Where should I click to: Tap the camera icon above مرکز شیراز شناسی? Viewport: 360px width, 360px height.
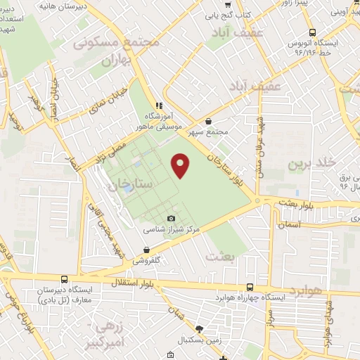point(172,219)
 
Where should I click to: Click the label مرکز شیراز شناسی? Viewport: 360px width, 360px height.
point(172,229)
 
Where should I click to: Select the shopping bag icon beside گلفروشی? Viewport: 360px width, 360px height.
point(146,250)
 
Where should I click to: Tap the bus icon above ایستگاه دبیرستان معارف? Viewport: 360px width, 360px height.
point(64,279)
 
